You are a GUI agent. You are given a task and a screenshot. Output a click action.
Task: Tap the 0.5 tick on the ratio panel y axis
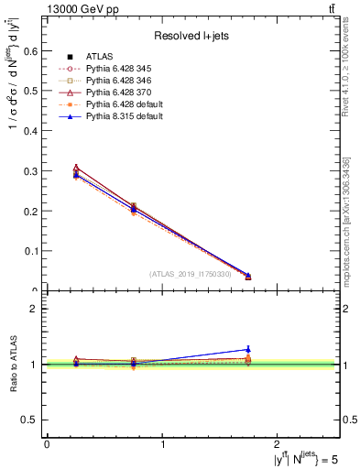34,420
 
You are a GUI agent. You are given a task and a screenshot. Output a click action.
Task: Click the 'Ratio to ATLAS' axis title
13,365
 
